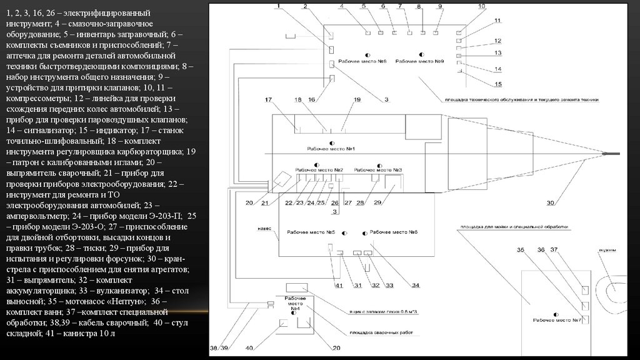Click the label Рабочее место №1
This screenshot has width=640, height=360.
331,149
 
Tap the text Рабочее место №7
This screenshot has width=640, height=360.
557,320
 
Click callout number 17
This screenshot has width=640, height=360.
268,100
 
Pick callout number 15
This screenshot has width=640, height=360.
498,84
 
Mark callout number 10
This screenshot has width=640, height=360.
481,6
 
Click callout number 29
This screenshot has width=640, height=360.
377,202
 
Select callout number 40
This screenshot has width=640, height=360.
250,347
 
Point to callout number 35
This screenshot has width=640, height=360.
520,251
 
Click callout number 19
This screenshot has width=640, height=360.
357,100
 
